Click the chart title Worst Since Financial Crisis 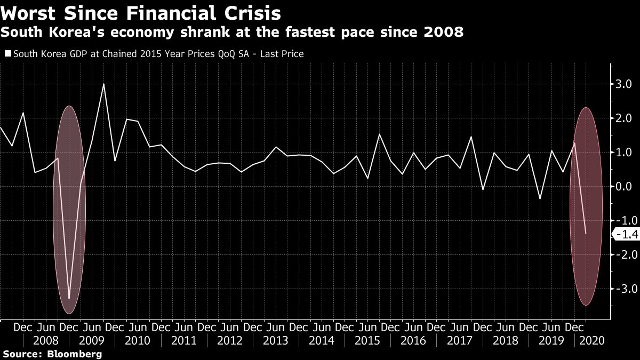tap(141, 12)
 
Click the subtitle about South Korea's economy tap(232, 32)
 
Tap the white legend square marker tap(7, 54)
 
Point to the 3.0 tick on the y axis tap(625, 84)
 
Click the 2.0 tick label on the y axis tap(625, 118)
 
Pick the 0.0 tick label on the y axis tap(625, 187)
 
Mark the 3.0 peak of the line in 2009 tap(103, 84)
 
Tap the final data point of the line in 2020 tap(586, 234)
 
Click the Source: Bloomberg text tap(52, 354)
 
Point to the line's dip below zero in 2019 tap(540, 198)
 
